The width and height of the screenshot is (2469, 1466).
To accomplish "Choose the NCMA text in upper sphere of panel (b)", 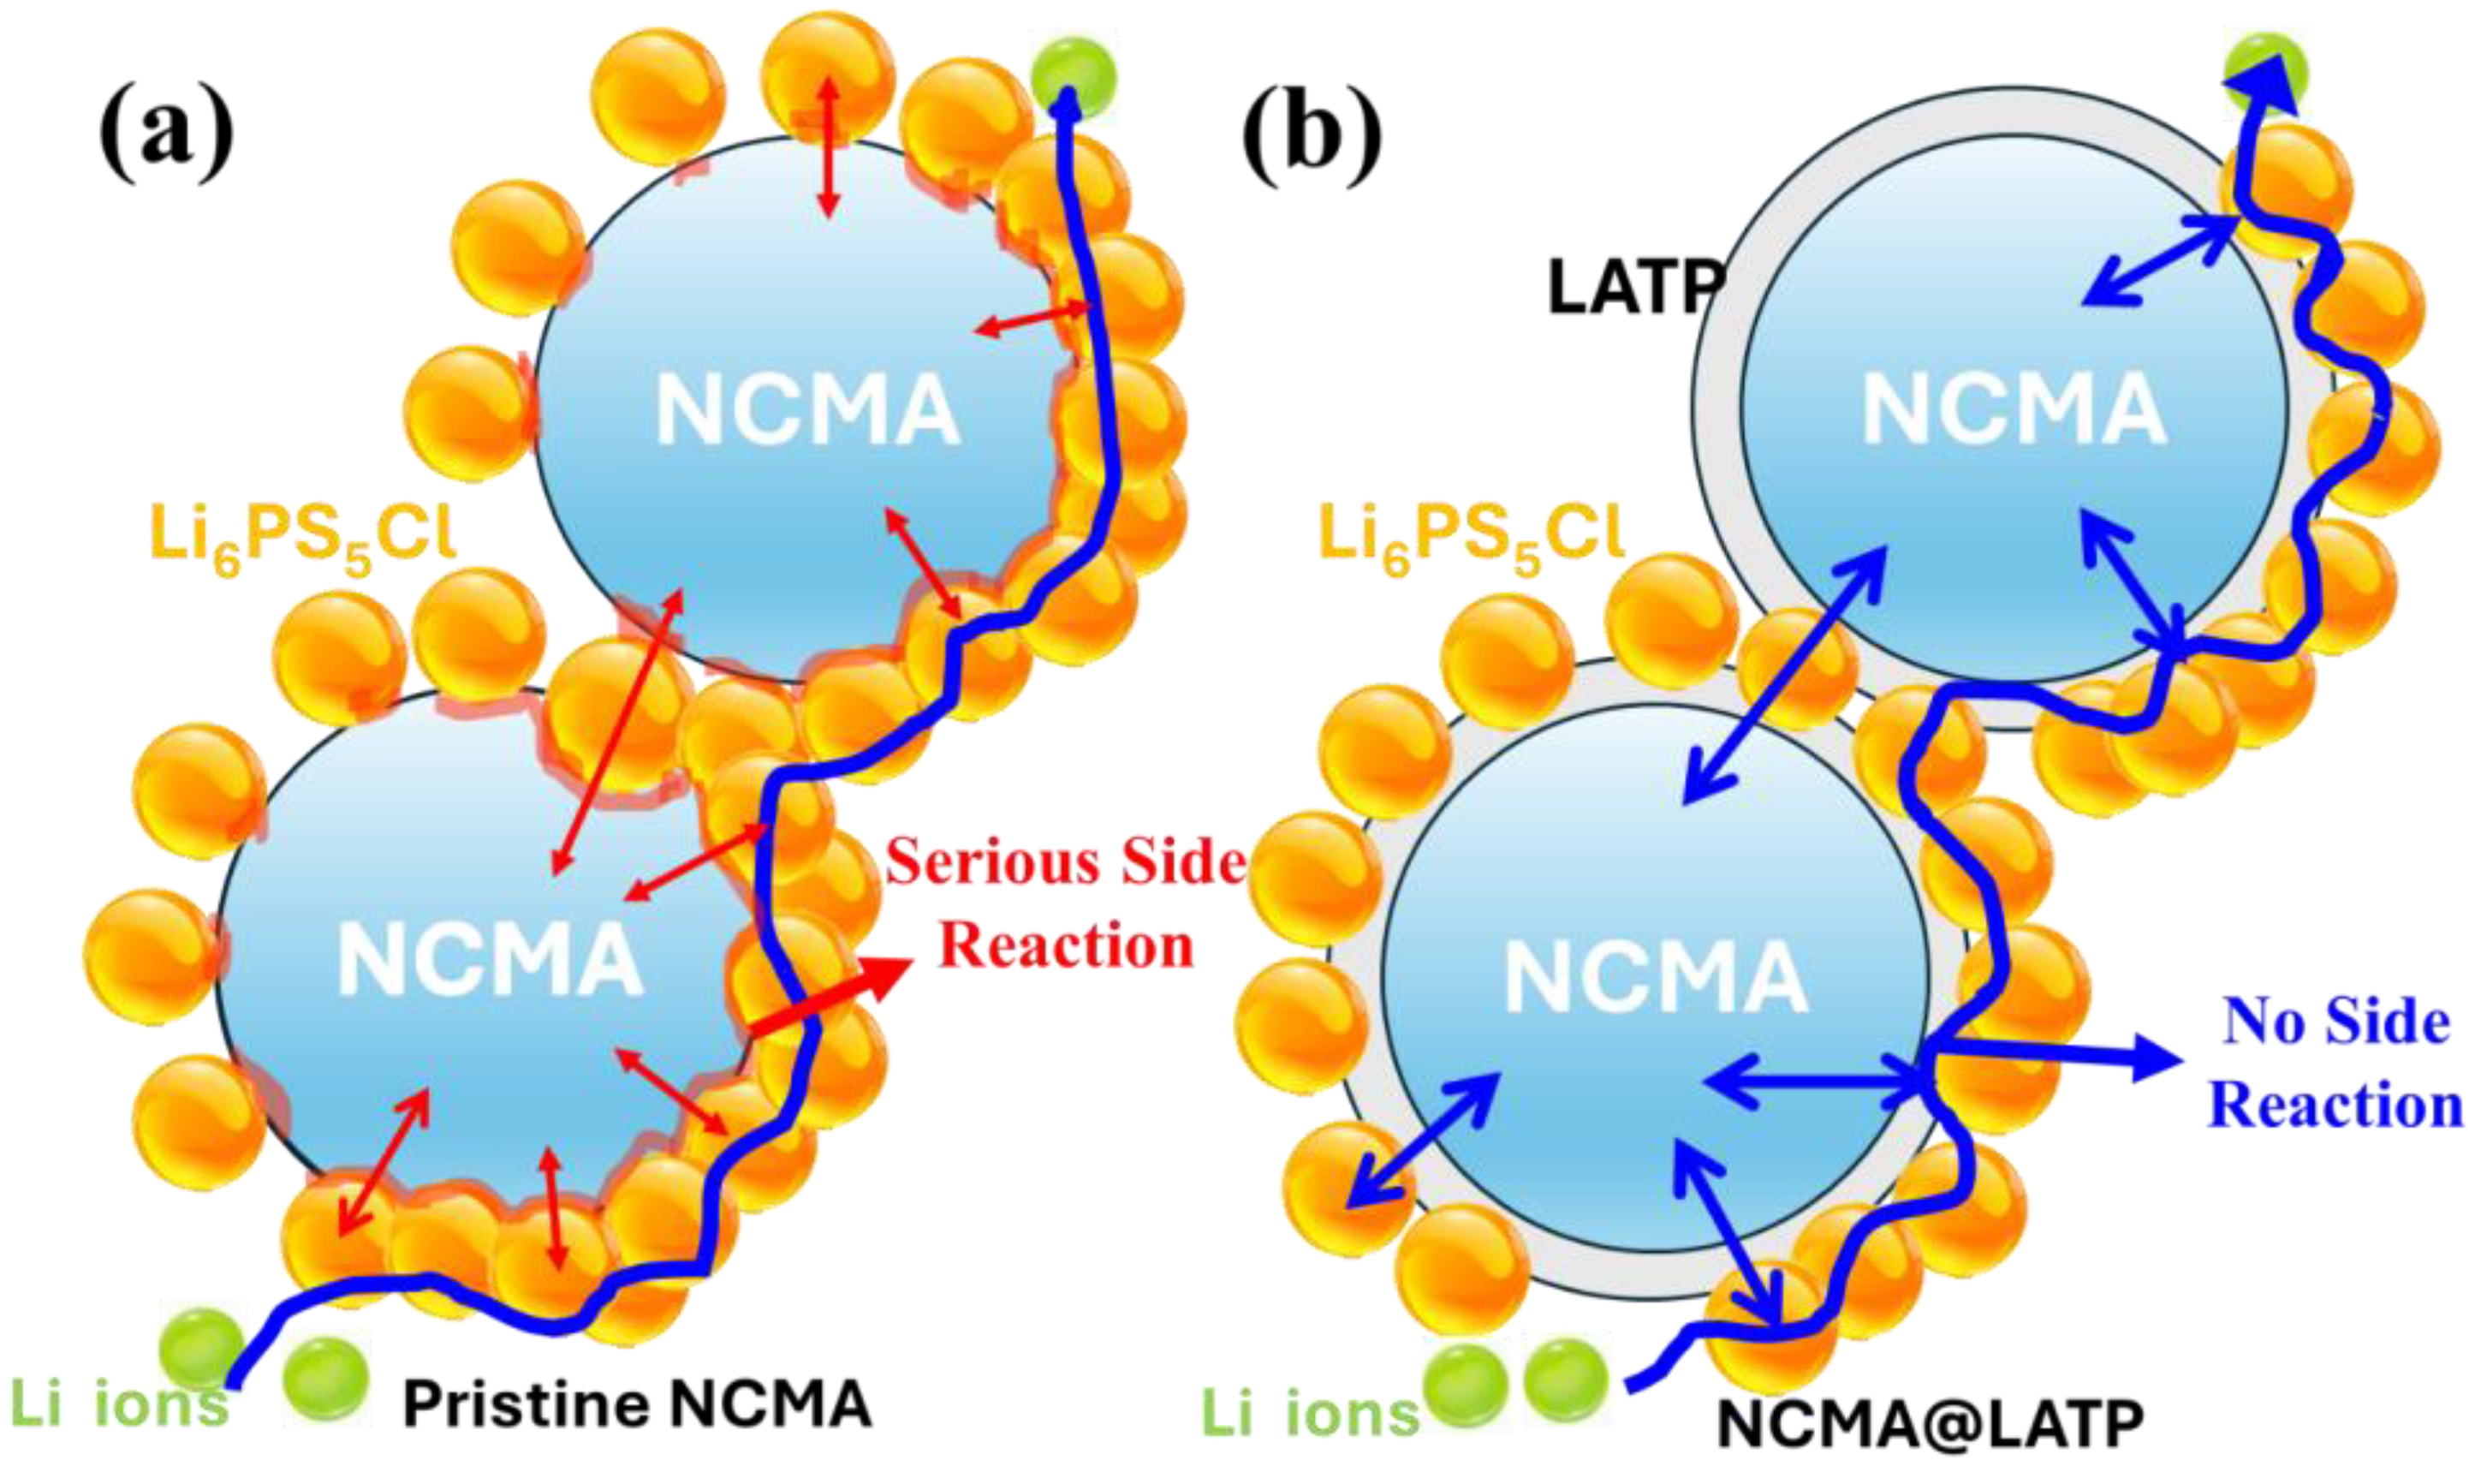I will [2014, 410].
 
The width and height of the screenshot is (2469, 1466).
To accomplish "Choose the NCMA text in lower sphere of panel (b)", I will [1657, 979].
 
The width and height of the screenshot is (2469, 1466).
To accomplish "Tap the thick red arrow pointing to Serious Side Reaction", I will [830, 998].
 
